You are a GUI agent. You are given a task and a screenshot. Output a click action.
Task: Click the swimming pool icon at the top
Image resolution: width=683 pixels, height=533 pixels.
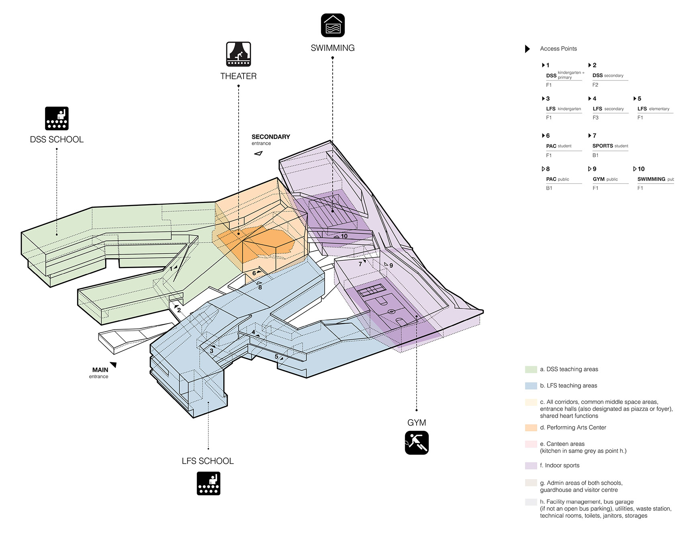333,25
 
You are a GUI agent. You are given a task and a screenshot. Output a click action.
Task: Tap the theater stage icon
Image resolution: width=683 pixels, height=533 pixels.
238,54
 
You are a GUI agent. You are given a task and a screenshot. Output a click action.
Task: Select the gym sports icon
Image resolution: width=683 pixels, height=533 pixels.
417,443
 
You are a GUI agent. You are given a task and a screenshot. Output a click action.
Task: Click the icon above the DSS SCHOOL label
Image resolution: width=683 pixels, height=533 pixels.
57,118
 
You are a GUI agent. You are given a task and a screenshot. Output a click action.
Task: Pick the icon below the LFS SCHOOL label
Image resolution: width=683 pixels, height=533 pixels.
209,483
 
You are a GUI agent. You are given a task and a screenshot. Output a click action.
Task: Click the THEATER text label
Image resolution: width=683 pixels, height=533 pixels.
238,76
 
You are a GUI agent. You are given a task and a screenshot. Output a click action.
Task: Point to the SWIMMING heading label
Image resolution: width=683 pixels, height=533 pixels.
333,48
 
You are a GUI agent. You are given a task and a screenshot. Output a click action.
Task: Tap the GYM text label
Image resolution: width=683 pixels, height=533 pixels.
417,422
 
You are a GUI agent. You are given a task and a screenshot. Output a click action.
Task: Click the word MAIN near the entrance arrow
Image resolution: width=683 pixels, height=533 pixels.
100,370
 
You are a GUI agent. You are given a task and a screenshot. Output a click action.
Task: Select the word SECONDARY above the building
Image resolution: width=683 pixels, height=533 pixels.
271,137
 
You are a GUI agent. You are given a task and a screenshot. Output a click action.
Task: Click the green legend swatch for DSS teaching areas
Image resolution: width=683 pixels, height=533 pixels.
531,369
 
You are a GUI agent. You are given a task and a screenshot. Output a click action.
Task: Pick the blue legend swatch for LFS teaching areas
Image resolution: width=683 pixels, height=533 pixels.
531,386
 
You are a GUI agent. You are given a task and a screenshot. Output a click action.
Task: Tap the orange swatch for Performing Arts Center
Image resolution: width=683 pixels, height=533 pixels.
531,428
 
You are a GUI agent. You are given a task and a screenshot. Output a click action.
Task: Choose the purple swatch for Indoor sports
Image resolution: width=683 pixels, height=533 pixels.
531,465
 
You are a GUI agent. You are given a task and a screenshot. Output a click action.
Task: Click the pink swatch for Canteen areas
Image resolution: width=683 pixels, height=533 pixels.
531,444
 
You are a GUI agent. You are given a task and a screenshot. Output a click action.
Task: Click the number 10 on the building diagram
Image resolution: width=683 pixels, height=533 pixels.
344,236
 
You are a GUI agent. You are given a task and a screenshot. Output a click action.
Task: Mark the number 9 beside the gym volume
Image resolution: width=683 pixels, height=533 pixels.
391,265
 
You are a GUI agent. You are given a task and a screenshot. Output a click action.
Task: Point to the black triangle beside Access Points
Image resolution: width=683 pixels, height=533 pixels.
527,49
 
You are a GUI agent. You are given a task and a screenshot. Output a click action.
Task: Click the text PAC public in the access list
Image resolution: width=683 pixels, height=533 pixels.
558,179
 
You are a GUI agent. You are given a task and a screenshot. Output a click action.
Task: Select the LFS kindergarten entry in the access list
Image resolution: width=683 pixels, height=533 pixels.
563,109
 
